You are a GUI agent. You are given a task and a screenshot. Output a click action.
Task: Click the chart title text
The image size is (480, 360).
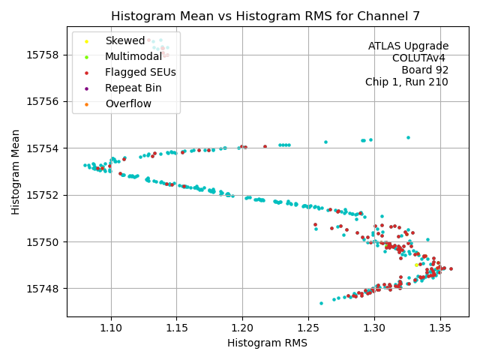(x=276, y=16)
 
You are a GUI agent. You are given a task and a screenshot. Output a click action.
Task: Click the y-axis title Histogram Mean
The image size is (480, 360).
(x=16, y=171)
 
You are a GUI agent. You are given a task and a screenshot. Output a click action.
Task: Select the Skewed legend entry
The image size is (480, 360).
(x=124, y=40)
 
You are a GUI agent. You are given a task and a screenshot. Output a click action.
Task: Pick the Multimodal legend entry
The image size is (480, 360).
(x=133, y=56)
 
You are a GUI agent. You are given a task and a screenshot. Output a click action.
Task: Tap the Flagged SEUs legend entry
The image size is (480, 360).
(x=140, y=72)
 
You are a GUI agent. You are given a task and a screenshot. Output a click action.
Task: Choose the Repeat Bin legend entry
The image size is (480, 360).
(x=133, y=88)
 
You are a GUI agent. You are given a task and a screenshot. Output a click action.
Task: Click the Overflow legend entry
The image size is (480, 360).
(x=128, y=103)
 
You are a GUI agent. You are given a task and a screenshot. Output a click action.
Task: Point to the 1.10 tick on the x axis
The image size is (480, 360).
(x=111, y=328)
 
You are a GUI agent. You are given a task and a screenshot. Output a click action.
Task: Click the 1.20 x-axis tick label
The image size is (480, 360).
(x=242, y=328)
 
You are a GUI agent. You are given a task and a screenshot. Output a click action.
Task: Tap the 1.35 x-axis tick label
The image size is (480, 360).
(x=439, y=328)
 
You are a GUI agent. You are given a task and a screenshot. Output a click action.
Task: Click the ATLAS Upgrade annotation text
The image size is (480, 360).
(x=408, y=46)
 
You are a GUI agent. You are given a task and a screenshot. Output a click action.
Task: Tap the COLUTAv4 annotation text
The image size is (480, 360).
(x=420, y=58)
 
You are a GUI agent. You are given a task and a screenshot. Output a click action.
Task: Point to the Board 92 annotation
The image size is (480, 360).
(x=424, y=70)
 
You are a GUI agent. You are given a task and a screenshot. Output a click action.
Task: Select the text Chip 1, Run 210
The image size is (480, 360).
(x=406, y=82)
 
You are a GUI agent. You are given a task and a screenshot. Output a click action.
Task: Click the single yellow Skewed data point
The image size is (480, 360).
(x=417, y=265)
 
